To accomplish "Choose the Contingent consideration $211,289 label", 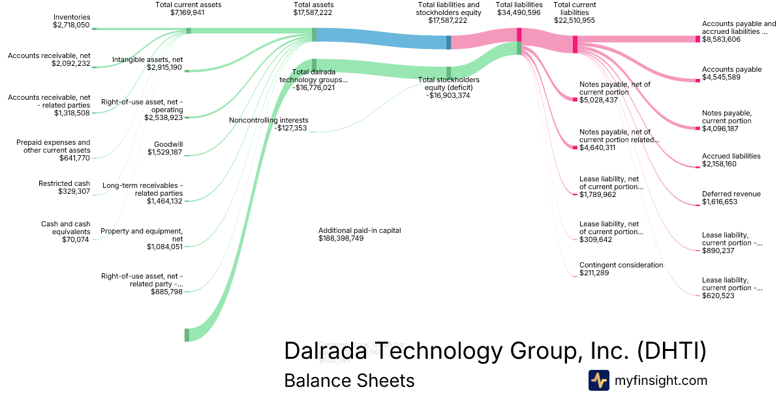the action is click(x=621, y=269).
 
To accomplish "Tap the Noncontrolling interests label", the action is click(x=268, y=124).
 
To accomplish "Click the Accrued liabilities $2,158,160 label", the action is click(x=731, y=160).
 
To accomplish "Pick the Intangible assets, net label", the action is click(x=147, y=63).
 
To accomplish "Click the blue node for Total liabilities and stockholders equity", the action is click(x=448, y=42).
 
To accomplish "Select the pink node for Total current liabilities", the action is click(x=575, y=44).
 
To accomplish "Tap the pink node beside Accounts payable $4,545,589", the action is click(x=698, y=80).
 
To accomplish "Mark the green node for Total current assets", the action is click(x=189, y=31).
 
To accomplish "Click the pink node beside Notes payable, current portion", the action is click(x=698, y=128).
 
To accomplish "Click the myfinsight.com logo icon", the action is click(x=598, y=380).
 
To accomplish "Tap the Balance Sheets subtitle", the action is click(x=349, y=380).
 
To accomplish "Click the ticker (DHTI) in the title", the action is click(x=671, y=350).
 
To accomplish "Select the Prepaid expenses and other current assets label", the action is click(x=54, y=147).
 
